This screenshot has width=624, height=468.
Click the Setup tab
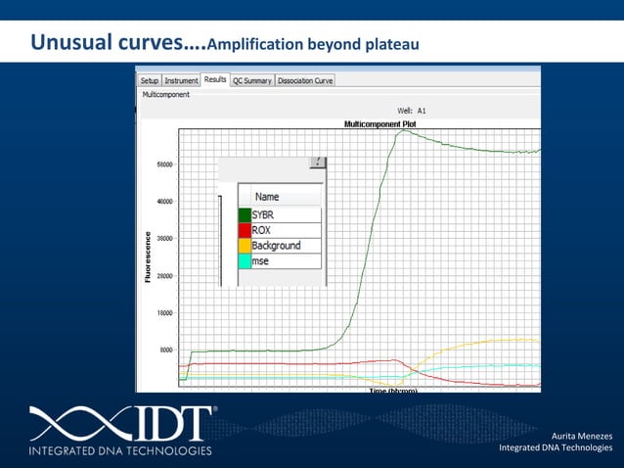[149, 81]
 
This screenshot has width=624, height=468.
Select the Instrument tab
[181, 81]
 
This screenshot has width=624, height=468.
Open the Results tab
[215, 79]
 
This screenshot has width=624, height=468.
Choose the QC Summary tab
[252, 81]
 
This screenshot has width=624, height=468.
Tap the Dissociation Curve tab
[305, 81]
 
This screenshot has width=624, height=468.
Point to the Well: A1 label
[411, 112]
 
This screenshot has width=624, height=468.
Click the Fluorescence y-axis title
[148, 257]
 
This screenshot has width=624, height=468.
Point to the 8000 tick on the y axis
[166, 350]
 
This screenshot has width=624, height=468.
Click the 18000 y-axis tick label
[166, 312]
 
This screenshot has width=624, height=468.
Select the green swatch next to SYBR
[244, 214]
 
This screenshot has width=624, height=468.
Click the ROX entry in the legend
[261, 230]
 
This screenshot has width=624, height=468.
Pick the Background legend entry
[276, 246]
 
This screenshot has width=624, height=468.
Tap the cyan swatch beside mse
[244, 261]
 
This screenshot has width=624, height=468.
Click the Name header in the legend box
[267, 197]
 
